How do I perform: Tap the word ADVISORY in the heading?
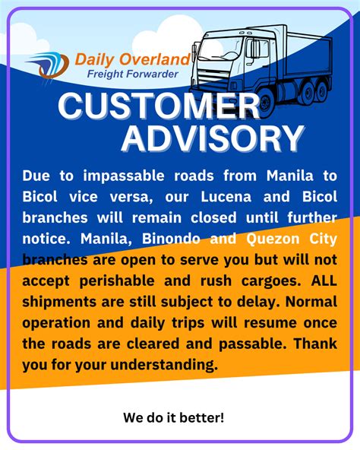(x=202, y=138)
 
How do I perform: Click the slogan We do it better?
(x=173, y=417)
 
